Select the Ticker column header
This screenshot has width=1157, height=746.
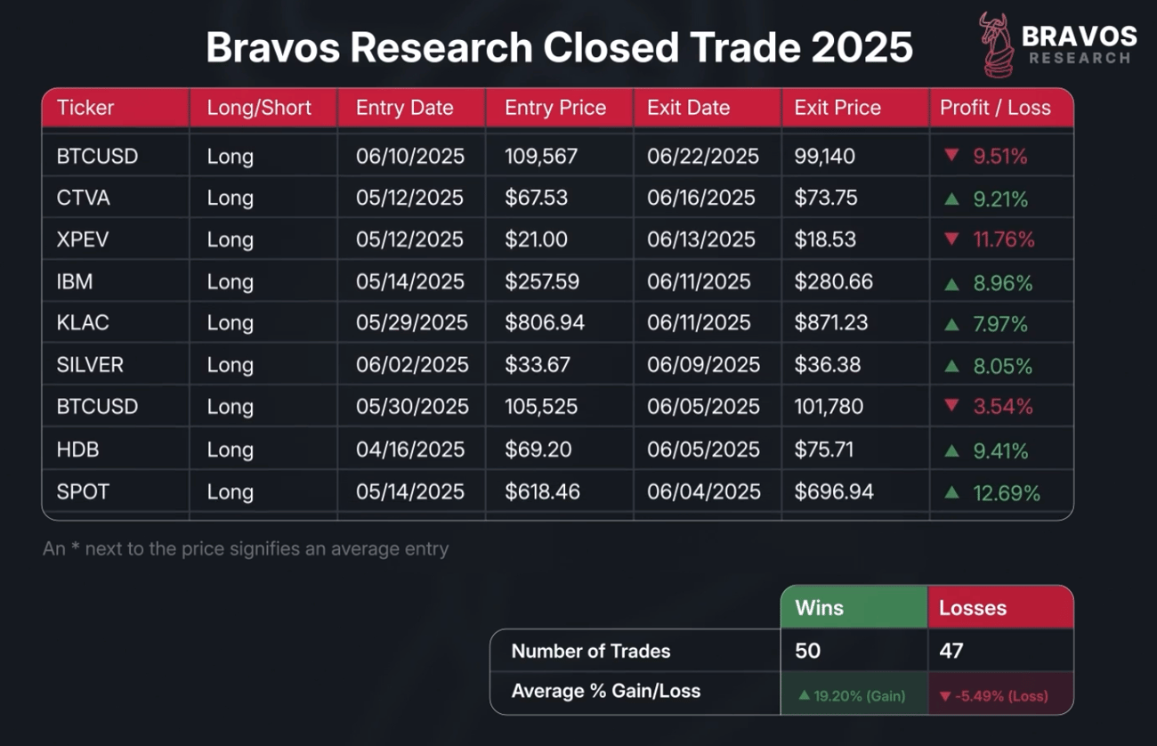85,108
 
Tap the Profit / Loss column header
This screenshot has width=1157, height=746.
995,108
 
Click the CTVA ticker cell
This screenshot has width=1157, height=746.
84,198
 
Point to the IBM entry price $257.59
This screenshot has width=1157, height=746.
542,282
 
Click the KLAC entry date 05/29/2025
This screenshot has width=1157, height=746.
411,322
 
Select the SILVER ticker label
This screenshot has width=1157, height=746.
90,365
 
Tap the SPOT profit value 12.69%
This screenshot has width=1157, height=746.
1007,492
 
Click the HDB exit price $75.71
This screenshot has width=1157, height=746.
824,450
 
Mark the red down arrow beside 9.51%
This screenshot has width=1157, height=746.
951,156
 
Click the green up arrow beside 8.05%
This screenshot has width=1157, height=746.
951,366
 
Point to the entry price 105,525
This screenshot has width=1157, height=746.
541,407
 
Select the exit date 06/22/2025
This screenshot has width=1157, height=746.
703,157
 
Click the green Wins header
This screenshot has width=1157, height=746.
819,608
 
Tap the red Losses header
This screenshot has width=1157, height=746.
973,608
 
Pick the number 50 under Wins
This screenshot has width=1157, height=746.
807,651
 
